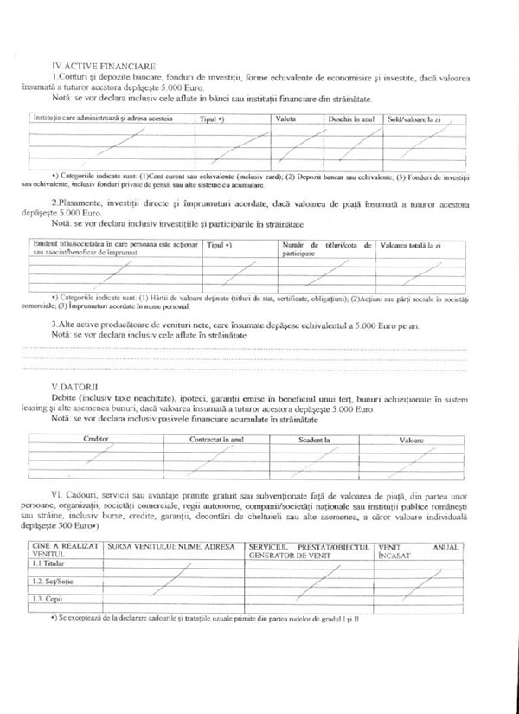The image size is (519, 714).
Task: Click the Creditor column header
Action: coord(96,440)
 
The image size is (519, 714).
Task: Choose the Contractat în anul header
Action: coord(216,440)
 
